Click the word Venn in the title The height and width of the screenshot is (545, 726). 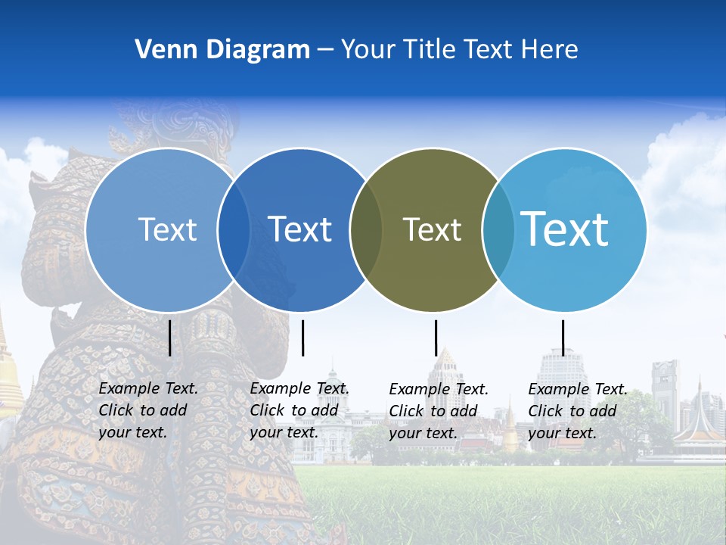[163, 49]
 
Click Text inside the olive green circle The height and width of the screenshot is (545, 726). [432, 229]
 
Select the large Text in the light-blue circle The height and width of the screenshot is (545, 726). [565, 229]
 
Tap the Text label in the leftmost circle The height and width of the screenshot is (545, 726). [167, 229]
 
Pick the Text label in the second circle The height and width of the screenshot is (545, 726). [300, 229]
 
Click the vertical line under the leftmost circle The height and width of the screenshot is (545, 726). [169, 338]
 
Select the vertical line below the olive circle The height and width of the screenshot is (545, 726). [436, 338]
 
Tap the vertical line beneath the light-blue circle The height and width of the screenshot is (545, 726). [563, 338]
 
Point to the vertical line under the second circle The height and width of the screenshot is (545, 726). [302, 338]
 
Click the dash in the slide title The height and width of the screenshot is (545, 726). [325, 50]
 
